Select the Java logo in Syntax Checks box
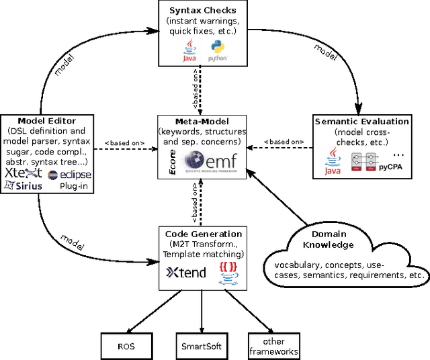tap(190, 50)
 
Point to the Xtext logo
tap(23, 173)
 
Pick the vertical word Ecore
tap(173, 163)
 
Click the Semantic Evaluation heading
tap(371, 122)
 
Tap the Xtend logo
tap(186, 273)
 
